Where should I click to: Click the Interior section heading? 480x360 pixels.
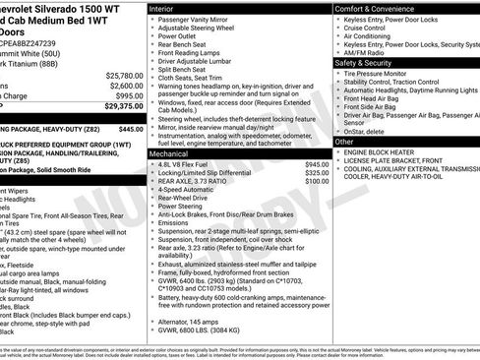[x=163, y=8]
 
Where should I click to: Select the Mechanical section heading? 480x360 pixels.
[x=170, y=154]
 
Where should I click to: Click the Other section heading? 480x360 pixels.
[x=344, y=142]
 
